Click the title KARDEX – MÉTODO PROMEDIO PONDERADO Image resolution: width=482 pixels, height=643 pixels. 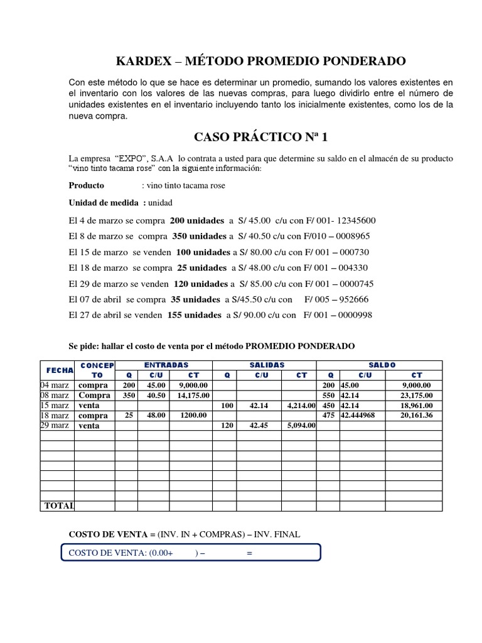pyautogui.click(x=261, y=62)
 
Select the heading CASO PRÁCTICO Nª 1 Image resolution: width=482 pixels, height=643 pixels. pyautogui.click(x=261, y=138)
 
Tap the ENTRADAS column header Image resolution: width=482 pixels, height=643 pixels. pyautogui.click(x=166, y=365)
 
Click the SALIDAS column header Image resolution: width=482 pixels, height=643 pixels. pyautogui.click(x=267, y=365)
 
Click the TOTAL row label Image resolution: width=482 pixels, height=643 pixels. pyautogui.click(x=58, y=505)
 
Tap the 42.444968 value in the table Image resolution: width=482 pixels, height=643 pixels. pyautogui.click(x=361, y=416)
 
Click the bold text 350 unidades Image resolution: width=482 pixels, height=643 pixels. pyautogui.click(x=198, y=237)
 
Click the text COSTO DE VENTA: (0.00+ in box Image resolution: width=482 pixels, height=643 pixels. pyautogui.click(x=120, y=553)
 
